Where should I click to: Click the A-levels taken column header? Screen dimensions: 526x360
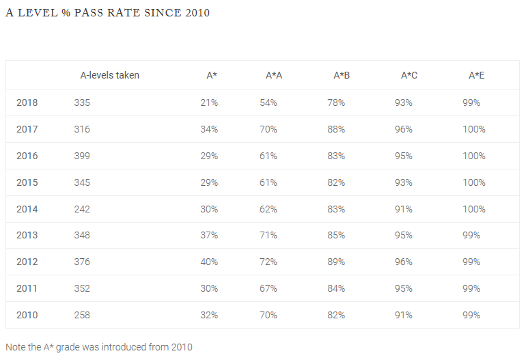point(110,75)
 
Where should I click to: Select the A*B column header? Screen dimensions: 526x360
point(342,75)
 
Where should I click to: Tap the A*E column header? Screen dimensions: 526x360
point(476,75)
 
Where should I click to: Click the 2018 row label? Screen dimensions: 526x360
point(27,102)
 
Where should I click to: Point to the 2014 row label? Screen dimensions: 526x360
point(27,209)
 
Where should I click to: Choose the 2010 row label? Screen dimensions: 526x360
point(27,315)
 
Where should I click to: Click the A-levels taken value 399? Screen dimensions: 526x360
point(82,156)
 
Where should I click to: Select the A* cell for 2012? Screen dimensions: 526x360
point(209,262)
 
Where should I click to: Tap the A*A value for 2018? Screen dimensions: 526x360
point(268,102)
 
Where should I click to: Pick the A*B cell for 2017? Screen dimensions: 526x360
point(336,130)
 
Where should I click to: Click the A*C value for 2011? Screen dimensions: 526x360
point(404,288)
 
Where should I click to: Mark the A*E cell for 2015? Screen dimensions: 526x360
point(474,183)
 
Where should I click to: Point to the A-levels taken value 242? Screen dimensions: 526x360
point(82,209)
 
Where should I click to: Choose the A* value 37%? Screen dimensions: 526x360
point(209,235)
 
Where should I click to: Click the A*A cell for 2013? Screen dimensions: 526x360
point(268,235)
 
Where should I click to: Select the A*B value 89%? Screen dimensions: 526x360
point(336,262)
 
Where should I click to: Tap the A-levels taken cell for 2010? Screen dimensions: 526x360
point(82,315)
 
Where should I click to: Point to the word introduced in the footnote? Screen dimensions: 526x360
point(124,347)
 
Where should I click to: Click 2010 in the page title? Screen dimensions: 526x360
point(197,13)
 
